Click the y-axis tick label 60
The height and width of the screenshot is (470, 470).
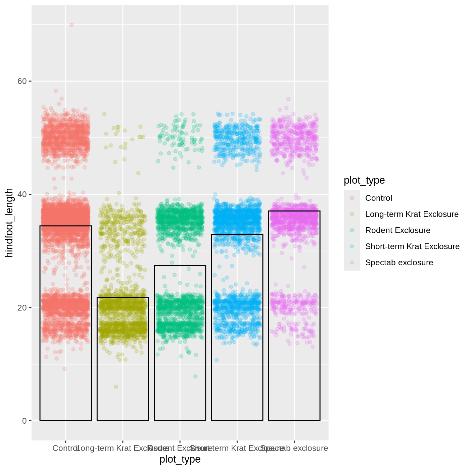(22, 81)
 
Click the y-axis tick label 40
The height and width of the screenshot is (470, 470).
(22, 194)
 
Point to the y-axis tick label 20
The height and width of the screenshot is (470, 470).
(22, 308)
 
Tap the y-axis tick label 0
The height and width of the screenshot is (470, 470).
(24, 421)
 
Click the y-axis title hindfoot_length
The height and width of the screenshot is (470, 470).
(9, 223)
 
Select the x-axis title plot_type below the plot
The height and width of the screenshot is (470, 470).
(180, 459)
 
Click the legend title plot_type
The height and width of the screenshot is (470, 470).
(364, 180)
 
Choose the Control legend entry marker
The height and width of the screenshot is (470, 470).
(352, 198)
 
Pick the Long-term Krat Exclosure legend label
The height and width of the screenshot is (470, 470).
(412, 214)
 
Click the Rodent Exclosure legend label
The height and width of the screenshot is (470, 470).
(397, 230)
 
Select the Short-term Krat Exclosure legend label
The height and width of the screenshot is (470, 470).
(412, 246)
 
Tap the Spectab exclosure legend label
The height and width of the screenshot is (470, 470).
(399, 263)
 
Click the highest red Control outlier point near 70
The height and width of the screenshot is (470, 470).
(72, 25)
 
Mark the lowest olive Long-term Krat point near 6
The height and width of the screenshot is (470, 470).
(116, 387)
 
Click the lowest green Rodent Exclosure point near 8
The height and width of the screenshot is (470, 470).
(195, 376)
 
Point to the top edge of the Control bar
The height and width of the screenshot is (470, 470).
(66, 226)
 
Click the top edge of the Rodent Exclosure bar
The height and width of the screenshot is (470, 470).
(180, 266)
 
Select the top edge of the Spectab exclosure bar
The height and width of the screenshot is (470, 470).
(294, 211)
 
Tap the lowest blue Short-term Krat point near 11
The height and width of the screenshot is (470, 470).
(217, 360)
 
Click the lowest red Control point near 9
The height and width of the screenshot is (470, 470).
(64, 369)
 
